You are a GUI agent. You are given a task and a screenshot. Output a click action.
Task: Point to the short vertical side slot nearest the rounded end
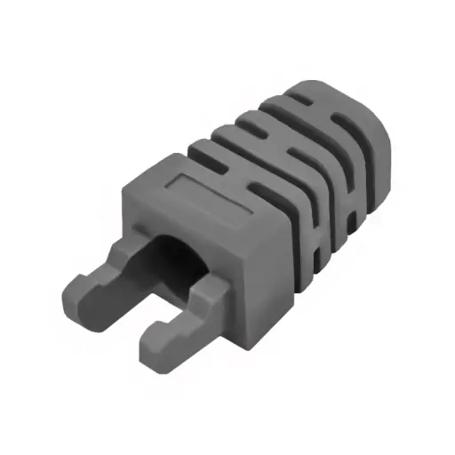(x=355, y=212)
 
